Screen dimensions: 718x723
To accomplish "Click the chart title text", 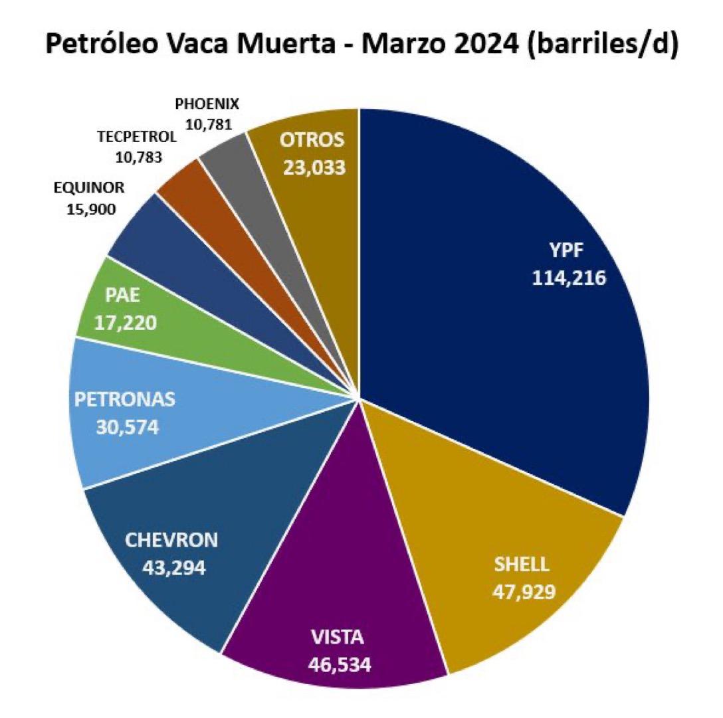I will click(361, 46).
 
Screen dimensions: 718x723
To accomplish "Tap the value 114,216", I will click(568, 278).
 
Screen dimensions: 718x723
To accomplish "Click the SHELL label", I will click(522, 565).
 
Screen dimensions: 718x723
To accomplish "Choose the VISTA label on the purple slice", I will click(338, 638).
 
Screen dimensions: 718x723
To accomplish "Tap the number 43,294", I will click(171, 566).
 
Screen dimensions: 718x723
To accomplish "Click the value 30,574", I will click(125, 426).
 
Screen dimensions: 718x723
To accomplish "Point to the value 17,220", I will click(126, 322).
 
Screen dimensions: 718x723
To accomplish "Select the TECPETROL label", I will click(136, 137).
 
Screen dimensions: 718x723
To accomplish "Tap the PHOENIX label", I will click(207, 104).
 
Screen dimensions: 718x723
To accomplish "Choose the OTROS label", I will click(312, 141).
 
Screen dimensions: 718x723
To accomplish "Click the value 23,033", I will click(314, 167).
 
